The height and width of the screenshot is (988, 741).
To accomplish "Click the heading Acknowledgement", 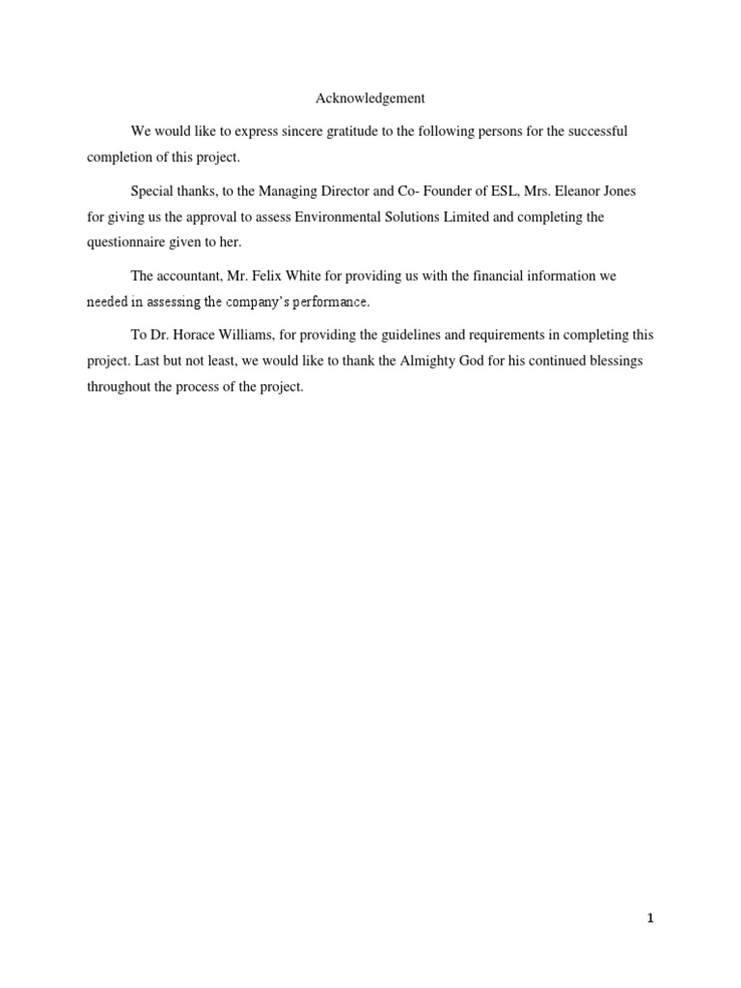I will [x=370, y=98].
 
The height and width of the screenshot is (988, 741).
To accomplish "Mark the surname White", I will [x=309, y=276].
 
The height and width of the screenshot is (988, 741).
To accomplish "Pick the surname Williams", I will [x=248, y=335].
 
